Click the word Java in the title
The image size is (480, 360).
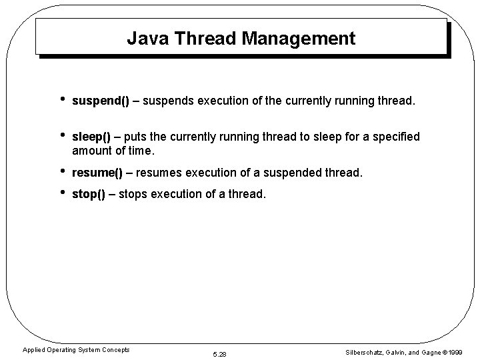point(143,39)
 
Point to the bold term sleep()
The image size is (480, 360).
point(91,137)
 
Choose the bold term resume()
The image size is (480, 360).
point(97,173)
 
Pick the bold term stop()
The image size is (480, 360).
point(89,195)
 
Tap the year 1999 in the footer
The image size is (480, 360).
point(456,352)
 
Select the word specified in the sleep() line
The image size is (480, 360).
point(396,137)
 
